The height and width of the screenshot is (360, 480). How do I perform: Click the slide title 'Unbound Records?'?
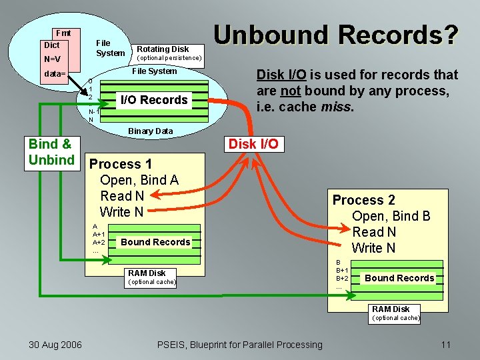(336, 35)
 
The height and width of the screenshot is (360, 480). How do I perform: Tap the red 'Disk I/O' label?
(253, 144)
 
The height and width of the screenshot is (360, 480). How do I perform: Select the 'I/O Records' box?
(153, 100)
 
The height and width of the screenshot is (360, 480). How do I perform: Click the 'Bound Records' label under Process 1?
(155, 242)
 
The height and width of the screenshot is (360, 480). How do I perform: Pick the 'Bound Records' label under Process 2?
(399, 278)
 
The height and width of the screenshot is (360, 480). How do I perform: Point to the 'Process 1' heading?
(121, 164)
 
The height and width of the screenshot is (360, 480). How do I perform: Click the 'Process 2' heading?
(363, 200)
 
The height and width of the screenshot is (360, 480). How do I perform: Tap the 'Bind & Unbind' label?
(51, 152)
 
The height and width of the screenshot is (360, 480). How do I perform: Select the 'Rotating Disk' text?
(163, 49)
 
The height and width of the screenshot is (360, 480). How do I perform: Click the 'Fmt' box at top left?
(63, 33)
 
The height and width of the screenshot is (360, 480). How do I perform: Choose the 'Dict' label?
(51, 45)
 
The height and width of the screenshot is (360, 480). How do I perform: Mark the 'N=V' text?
(52, 59)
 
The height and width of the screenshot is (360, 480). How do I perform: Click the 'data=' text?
(55, 73)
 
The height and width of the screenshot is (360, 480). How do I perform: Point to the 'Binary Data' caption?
(151, 131)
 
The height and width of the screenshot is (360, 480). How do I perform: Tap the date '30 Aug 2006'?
(55, 345)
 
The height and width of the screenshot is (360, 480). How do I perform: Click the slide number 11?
(445, 345)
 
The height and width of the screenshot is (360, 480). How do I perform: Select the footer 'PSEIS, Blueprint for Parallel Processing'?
(239, 345)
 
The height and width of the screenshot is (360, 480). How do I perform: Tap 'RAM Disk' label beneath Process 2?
(391, 309)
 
